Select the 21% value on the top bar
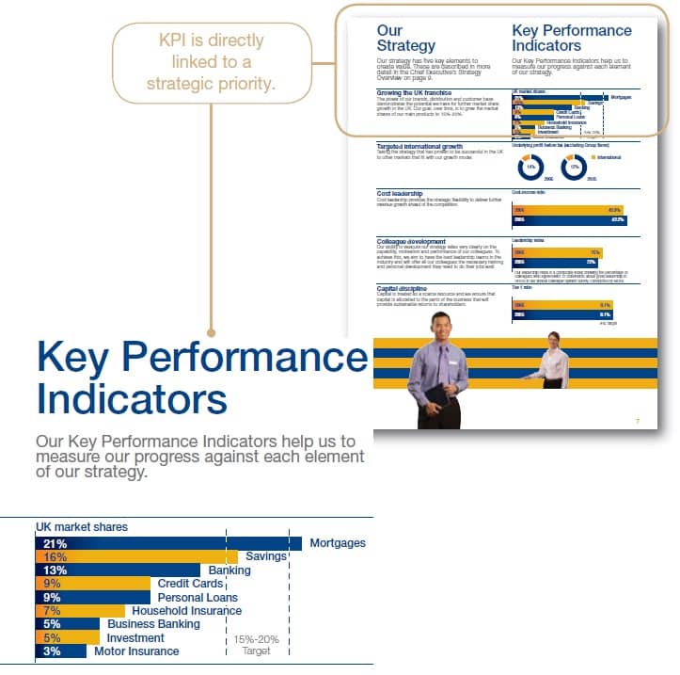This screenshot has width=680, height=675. click(x=55, y=543)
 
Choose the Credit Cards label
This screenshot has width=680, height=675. click(x=190, y=584)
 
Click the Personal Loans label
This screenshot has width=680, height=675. click(x=198, y=598)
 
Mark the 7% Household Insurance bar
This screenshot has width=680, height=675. click(x=66, y=611)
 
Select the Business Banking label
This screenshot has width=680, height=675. click(x=153, y=624)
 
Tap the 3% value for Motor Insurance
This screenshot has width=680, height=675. click(x=52, y=651)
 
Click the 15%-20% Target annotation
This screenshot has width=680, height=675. click(x=256, y=645)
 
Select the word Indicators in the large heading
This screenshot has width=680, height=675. click(x=132, y=397)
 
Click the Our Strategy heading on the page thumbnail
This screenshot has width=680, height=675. click(x=405, y=39)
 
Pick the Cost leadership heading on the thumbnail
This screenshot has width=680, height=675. click(x=400, y=194)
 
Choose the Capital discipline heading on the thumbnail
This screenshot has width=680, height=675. click(x=402, y=288)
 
